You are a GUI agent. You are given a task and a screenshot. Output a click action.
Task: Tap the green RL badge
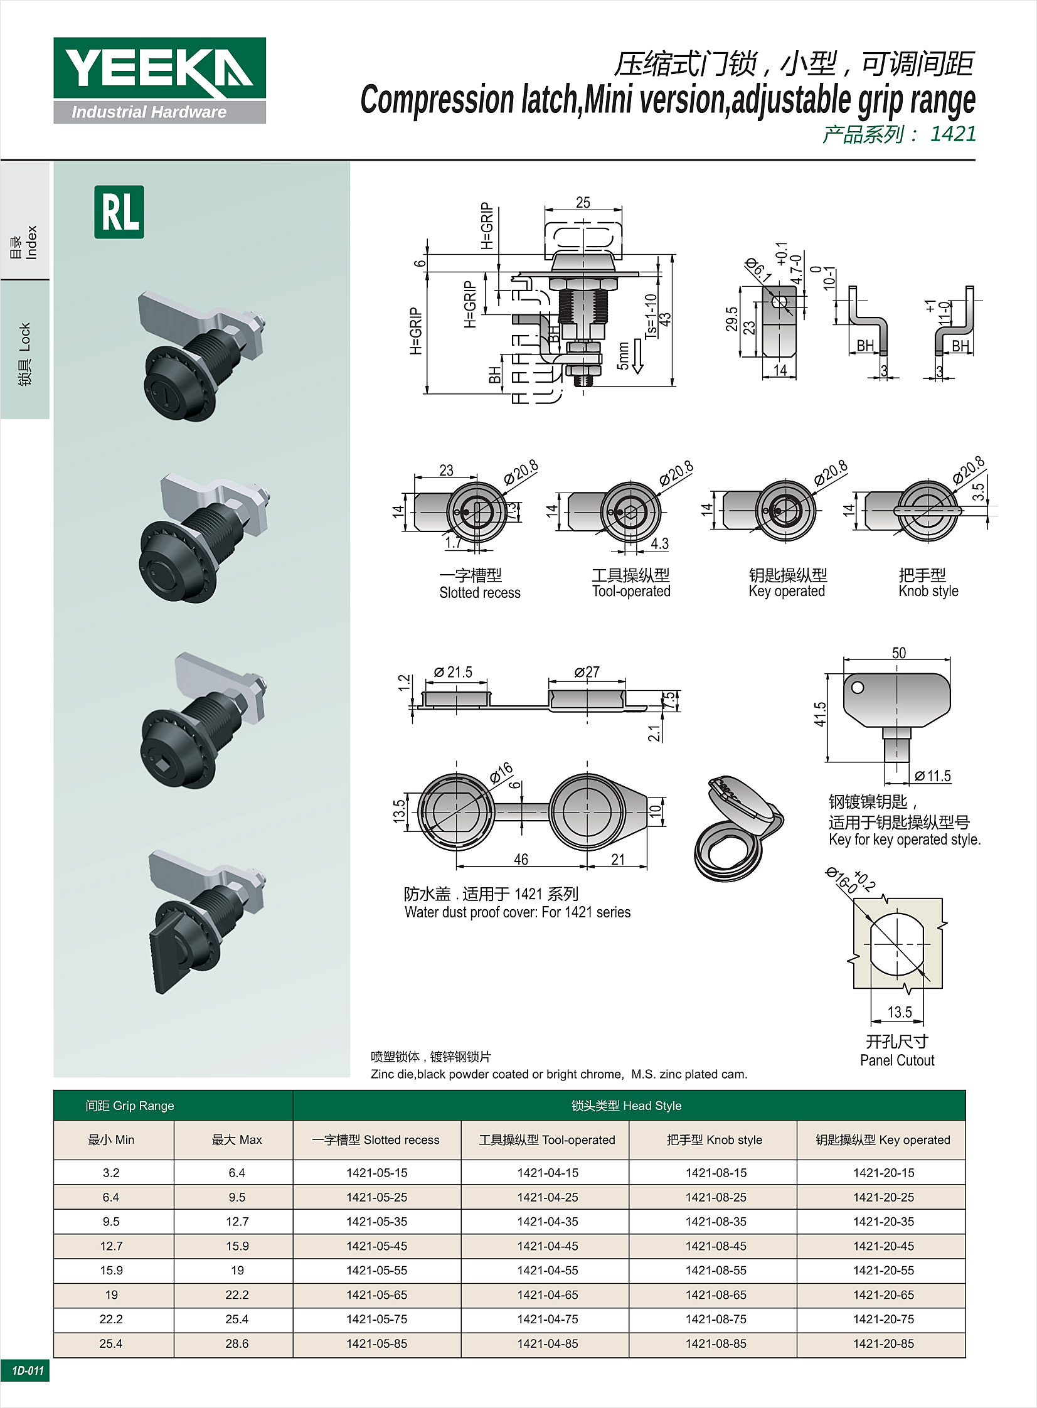(119, 212)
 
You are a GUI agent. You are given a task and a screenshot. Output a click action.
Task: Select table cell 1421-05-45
(376, 1246)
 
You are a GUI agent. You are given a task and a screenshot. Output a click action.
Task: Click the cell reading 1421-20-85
(883, 1343)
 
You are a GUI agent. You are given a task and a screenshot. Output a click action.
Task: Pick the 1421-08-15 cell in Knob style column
(716, 1173)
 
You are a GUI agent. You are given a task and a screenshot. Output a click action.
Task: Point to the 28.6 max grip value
(237, 1343)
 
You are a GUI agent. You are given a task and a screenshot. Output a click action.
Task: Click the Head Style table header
(627, 1106)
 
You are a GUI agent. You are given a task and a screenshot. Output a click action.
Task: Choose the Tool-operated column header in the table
(547, 1140)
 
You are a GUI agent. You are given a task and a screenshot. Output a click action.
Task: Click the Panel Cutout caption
(897, 1060)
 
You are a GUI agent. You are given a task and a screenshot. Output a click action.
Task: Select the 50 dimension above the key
(898, 653)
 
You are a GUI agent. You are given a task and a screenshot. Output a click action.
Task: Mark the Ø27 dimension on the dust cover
(587, 672)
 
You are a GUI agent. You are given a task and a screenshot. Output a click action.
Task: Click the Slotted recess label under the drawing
(479, 592)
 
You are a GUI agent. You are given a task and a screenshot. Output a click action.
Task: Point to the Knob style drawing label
(928, 590)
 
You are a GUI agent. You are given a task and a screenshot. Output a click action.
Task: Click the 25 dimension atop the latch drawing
(583, 203)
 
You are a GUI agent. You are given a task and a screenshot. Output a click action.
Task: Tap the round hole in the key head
(858, 687)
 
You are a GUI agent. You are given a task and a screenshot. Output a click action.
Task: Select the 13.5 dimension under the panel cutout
(899, 1012)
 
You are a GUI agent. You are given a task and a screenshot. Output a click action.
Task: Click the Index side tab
(25, 242)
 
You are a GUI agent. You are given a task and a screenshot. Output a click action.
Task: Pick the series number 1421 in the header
(952, 134)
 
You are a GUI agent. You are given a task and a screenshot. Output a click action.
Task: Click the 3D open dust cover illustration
(738, 828)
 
